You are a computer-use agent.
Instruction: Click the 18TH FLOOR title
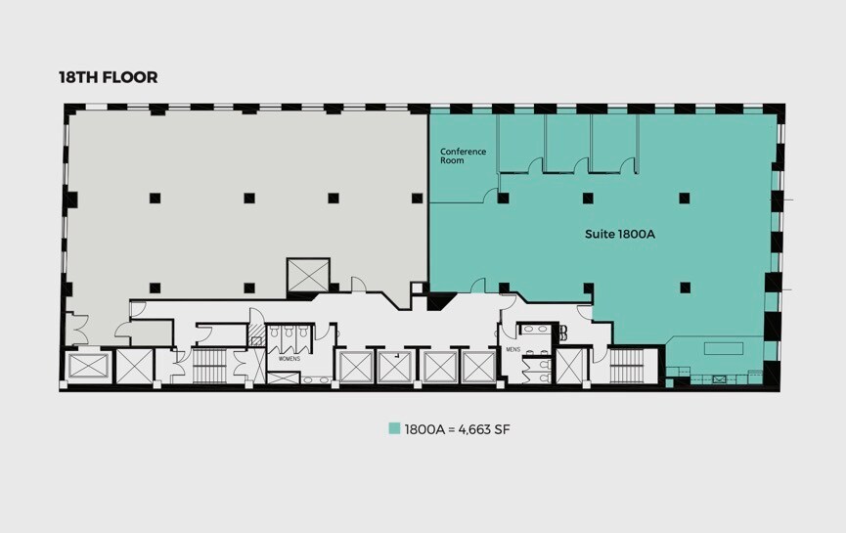point(109,77)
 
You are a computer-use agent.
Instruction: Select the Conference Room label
point(463,155)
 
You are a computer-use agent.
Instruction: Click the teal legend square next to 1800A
point(394,428)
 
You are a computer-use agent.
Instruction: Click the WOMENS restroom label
point(289,358)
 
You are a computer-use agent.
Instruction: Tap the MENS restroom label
point(512,347)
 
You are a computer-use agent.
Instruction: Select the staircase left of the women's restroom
point(208,366)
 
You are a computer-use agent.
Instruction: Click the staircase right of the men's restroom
point(626,366)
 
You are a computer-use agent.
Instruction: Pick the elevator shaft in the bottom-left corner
point(87,368)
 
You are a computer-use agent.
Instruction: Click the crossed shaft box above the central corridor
point(308,275)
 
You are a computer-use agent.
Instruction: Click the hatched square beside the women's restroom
point(258,335)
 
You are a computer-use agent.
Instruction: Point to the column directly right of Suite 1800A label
point(685,198)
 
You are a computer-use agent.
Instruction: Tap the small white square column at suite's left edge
point(417,288)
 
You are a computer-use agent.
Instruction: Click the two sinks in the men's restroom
point(535,330)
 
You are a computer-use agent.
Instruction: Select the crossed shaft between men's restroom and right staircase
point(569,367)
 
